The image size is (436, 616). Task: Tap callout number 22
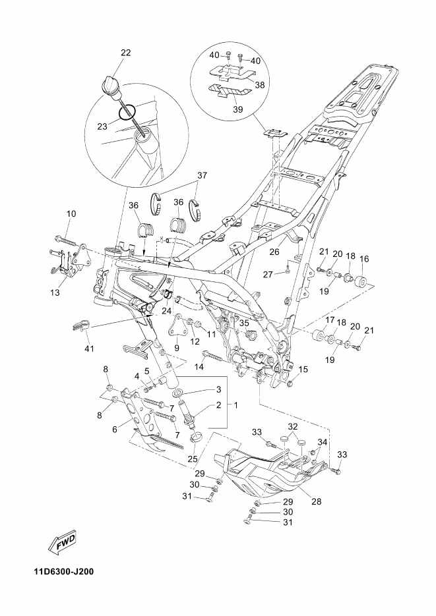(126, 53)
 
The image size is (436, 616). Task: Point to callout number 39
(238, 109)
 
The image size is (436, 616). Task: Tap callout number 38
(260, 84)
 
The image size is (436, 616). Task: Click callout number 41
(90, 348)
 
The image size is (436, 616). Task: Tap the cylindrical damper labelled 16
(361, 283)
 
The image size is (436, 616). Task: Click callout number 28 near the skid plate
(316, 501)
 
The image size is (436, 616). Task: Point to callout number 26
(274, 252)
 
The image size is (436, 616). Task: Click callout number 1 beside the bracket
(236, 405)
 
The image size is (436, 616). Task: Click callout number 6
(114, 430)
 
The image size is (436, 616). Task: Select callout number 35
(244, 323)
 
